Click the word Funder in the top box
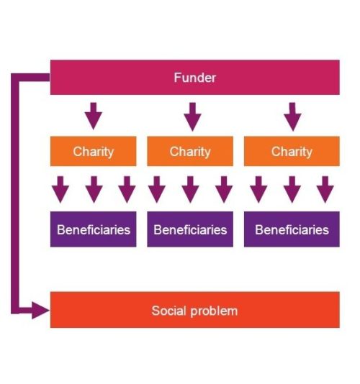[195, 78]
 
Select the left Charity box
[93, 151]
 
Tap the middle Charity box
[190, 151]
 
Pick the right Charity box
[292, 151]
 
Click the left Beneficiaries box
[93, 229]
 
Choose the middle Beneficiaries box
[190, 229]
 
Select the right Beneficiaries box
[292, 229]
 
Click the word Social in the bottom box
[168, 311]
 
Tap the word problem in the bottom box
[214, 311]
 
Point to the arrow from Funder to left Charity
[94, 116]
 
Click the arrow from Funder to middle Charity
[192, 116]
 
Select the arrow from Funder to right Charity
[292, 116]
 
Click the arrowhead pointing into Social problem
[40, 311]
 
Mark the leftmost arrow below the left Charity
[60, 189]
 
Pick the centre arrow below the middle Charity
[190, 189]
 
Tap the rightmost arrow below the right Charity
[325, 189]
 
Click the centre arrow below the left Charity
[94, 189]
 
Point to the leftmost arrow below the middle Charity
[157, 189]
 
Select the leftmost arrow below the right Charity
[258, 189]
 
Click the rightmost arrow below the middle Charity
[224, 189]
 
